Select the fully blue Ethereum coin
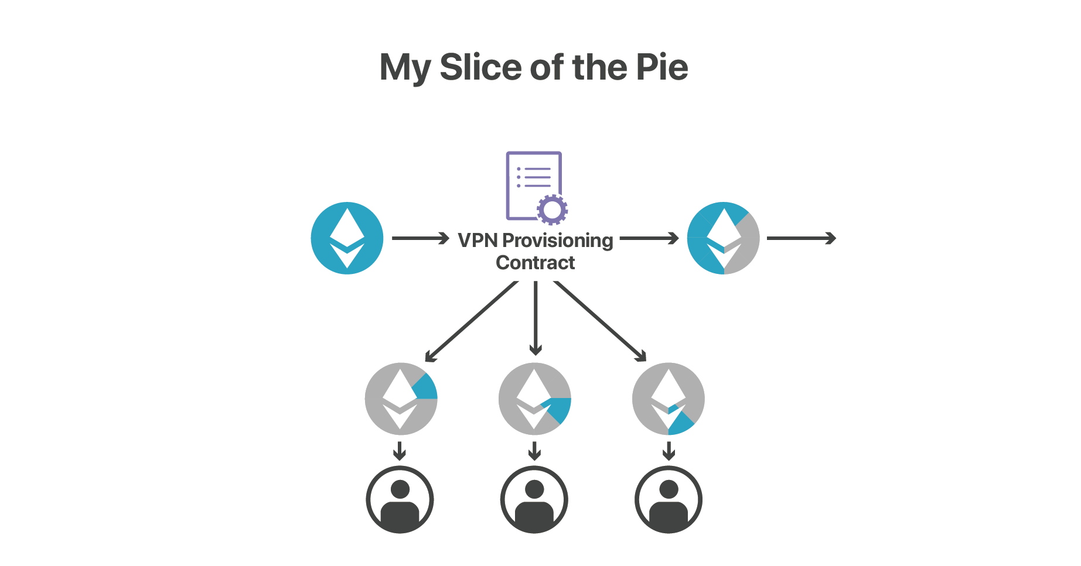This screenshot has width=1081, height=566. click(347, 238)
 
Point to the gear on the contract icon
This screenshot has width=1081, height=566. click(552, 209)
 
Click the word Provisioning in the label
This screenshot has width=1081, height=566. click(557, 240)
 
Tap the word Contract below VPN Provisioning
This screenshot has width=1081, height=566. click(535, 263)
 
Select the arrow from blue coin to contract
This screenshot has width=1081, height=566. click(420, 238)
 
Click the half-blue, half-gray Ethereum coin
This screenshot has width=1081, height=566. click(723, 238)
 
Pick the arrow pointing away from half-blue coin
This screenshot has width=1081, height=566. click(801, 238)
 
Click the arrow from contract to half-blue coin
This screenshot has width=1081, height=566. click(649, 238)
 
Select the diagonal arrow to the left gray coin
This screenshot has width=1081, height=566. click(471, 321)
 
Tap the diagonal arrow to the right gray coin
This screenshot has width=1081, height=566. click(600, 321)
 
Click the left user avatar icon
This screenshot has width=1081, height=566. click(400, 499)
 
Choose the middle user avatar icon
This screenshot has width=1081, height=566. click(534, 499)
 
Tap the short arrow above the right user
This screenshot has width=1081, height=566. click(669, 451)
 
